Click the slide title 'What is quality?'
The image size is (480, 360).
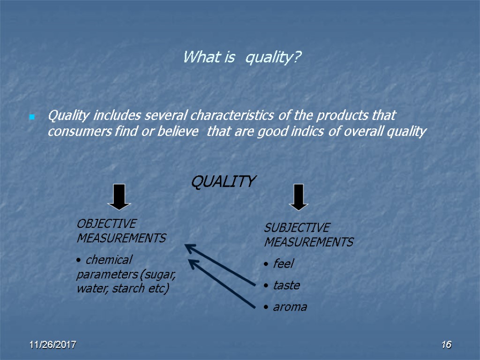(x=242, y=58)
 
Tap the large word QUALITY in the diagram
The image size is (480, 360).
(x=223, y=181)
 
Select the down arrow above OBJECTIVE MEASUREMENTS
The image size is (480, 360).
(x=119, y=196)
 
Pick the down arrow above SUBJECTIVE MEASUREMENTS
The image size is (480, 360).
(x=299, y=197)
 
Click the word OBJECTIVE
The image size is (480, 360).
(x=106, y=224)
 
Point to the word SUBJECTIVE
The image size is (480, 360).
(x=297, y=228)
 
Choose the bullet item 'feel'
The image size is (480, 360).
(x=283, y=264)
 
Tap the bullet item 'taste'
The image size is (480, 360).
(x=286, y=285)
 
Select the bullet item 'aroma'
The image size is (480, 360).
(x=290, y=307)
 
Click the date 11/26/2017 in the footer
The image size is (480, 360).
(x=53, y=345)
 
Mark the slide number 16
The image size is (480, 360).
(x=446, y=345)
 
